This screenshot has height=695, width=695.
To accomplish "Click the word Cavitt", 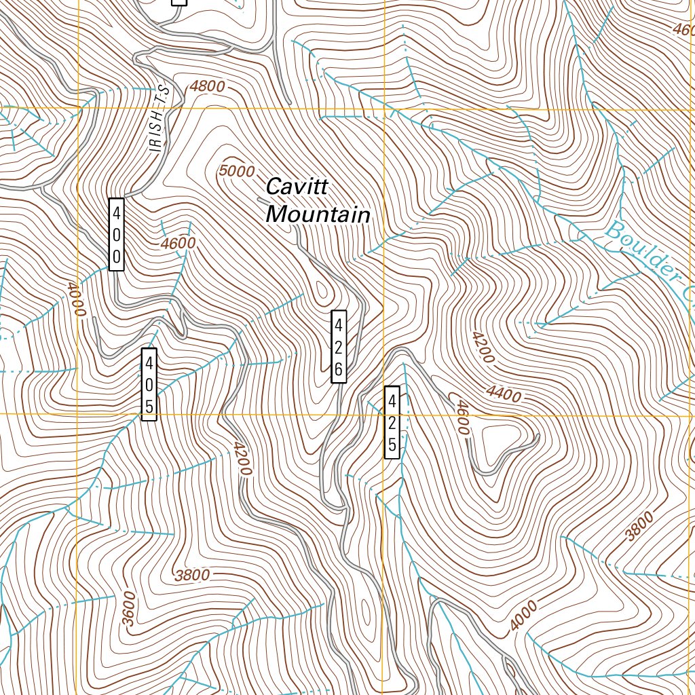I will coord(297,186).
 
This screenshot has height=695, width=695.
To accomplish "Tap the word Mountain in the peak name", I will coord(318,215).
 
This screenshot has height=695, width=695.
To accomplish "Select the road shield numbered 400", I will coord(117,234).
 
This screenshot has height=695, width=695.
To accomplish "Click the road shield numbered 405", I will coord(149,384).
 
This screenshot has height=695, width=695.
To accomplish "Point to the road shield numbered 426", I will coord(339,347).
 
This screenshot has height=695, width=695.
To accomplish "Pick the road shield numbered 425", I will coord(392,422).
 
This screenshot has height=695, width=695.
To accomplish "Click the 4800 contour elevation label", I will coord(207,86).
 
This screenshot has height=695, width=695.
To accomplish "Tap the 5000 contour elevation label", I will coord(237,171).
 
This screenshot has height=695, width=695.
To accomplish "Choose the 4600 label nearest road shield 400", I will coord(179,243).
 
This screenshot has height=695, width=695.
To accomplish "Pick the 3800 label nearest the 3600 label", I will coord(192,576).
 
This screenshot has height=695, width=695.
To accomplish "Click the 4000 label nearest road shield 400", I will coord(77,299).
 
